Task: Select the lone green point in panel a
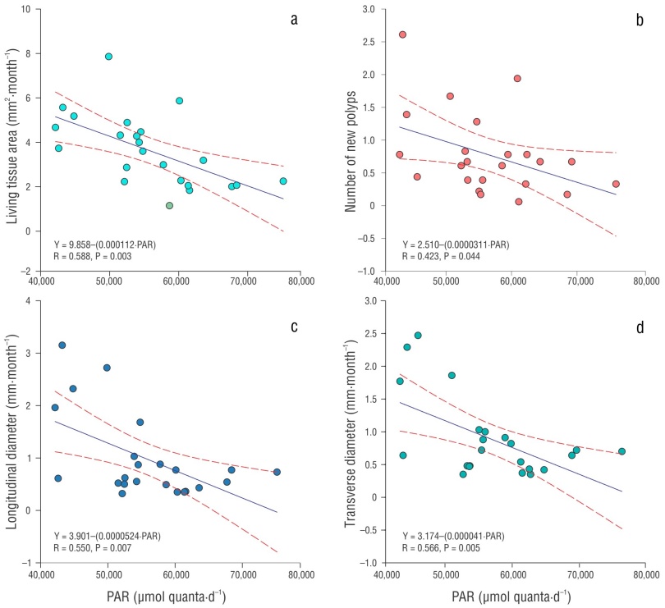pos(169,205)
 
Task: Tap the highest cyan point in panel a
pos(108,57)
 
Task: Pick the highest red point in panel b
pos(402,34)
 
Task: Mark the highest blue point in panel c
pos(62,345)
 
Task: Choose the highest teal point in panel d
pos(418,335)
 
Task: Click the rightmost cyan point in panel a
pos(283,181)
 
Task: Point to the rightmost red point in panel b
pos(616,184)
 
